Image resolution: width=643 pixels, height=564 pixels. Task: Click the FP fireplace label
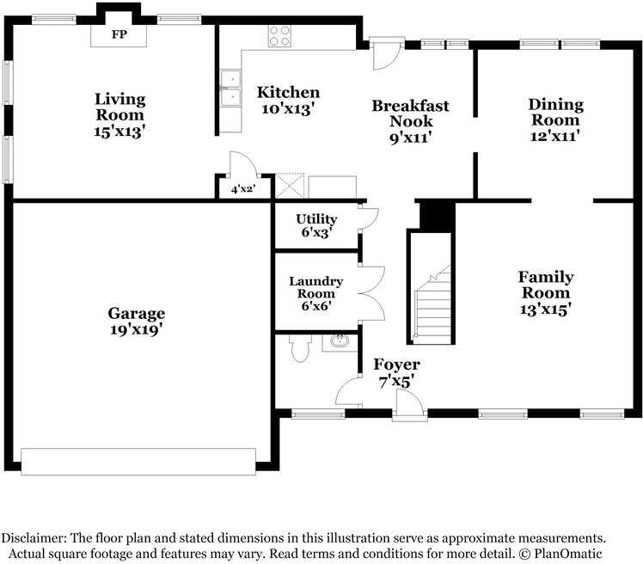coord(119,35)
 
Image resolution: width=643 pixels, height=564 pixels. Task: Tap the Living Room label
coord(119,107)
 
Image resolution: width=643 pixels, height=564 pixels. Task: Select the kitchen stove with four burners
coord(279,36)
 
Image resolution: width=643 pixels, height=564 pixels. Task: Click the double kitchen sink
coord(230,89)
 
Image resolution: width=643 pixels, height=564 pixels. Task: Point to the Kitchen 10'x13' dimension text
coord(288,109)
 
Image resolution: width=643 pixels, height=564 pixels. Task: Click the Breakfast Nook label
coord(410,113)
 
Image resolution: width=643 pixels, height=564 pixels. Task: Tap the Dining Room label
coord(555,112)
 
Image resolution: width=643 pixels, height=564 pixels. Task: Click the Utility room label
coord(315,219)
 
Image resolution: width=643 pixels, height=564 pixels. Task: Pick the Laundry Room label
coord(315,287)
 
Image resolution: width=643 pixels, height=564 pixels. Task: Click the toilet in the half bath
coord(300,349)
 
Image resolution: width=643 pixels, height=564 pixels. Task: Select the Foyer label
coord(396,365)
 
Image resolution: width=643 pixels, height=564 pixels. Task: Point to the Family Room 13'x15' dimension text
coord(545,308)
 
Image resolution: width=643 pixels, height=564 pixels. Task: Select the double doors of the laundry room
coord(371,294)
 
